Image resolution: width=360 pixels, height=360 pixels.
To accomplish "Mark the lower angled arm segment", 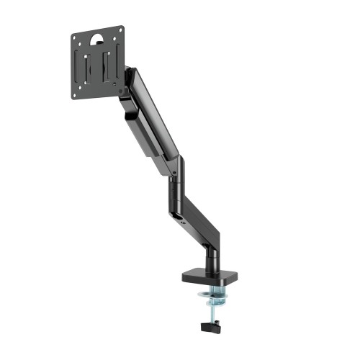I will tap(199, 216).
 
